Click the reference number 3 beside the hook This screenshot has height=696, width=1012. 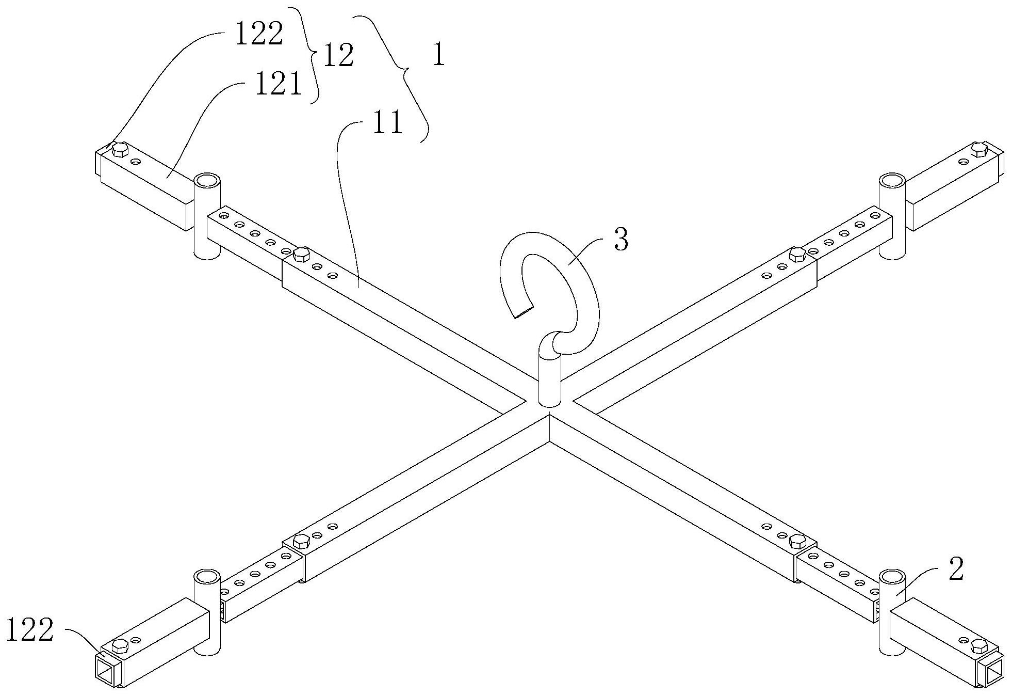(x=622, y=240)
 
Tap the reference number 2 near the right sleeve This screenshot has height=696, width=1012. (x=956, y=571)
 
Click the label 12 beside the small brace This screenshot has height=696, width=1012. (x=338, y=56)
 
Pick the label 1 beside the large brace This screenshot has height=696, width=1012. (x=438, y=56)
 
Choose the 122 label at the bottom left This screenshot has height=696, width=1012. (x=30, y=630)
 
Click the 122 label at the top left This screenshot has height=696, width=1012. (x=259, y=35)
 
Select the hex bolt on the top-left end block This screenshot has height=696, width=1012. (x=120, y=150)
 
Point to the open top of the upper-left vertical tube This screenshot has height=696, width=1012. (x=207, y=181)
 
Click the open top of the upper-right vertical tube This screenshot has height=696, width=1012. (x=891, y=181)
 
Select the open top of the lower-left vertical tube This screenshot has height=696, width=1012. (x=207, y=576)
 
